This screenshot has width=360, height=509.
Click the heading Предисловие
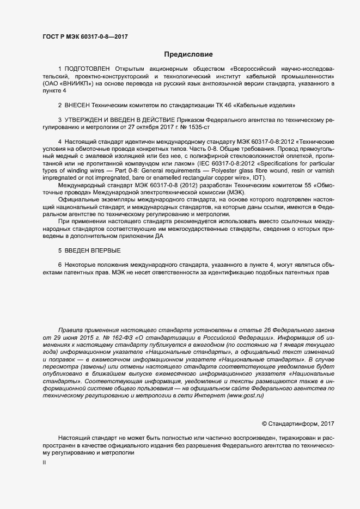point(188,54)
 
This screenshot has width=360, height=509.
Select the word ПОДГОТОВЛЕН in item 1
point(87,69)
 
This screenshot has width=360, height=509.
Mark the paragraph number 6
point(60,265)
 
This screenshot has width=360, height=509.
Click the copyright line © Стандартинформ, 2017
point(298,423)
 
